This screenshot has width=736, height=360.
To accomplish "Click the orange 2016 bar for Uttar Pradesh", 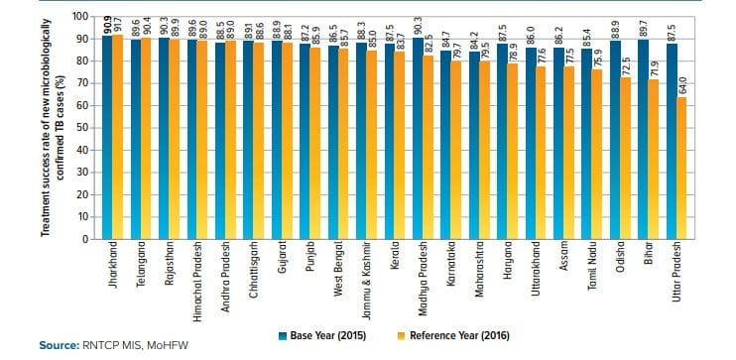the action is pos(681,168).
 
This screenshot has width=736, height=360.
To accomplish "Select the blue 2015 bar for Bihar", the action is pos(643,140).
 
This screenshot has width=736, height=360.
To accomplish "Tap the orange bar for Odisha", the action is pos(625,159).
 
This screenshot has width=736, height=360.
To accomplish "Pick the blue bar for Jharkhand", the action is pos(107,138).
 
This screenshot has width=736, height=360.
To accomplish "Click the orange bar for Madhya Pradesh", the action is pos(428,148).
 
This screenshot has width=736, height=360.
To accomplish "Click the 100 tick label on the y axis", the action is pos(80,17).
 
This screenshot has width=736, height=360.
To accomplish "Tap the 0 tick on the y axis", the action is pos(84,239).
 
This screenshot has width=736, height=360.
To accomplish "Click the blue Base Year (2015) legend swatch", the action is pos(283,335).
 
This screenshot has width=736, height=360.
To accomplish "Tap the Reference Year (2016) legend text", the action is pos(459,335).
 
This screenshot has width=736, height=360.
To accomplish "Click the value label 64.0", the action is pos(681,86).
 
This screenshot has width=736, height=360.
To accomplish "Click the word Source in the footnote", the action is pos(59,346).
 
